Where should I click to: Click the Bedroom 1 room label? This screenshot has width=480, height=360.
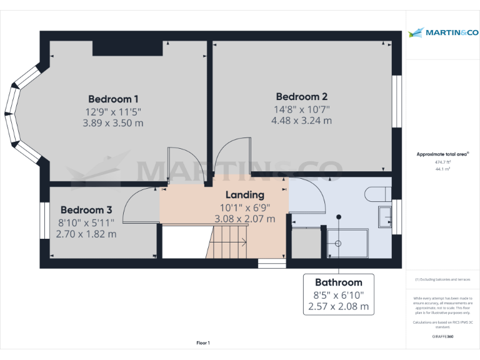click(113, 99)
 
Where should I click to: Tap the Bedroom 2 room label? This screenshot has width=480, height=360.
click(301, 97)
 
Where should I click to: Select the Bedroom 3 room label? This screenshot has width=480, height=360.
click(86, 210)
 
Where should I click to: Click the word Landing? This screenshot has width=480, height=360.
click(244, 195)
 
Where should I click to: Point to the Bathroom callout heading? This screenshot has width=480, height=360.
click(338, 282)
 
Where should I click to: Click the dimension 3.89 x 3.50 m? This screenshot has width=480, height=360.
click(113, 123)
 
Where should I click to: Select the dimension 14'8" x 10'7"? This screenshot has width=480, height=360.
click(301, 109)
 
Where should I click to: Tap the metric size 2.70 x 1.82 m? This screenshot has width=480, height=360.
click(86, 234)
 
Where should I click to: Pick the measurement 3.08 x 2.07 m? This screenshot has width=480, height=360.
click(244, 219)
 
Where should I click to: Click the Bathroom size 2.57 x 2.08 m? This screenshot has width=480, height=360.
click(338, 307)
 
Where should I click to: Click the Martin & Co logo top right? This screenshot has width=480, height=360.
click(442, 32)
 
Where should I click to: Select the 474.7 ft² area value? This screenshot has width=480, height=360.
click(442, 161)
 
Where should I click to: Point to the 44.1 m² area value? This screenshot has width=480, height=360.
click(442, 168)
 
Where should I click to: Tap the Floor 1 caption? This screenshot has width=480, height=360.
click(203, 342)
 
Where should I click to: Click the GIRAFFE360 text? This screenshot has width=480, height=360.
click(442, 337)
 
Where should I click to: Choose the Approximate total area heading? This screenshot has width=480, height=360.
click(442, 154)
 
